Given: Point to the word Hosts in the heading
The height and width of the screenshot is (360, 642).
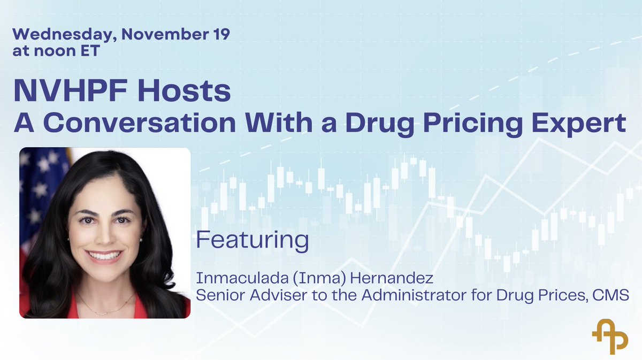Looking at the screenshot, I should coord(191,91).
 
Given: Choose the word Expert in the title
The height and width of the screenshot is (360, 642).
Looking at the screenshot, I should coord(585,125).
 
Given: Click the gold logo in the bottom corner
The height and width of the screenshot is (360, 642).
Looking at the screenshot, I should coord(610,335).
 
